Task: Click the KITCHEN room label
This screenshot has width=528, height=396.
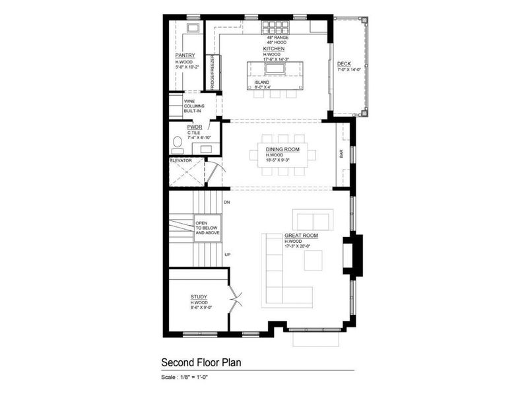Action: pos(274,49)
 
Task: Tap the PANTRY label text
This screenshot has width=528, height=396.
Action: pos(185,55)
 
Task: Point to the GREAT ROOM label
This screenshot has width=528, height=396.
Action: pos(302,235)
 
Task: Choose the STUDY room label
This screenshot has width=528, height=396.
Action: pos(199,297)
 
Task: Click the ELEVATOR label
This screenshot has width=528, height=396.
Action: pos(180,160)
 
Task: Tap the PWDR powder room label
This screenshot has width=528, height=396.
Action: pos(194,126)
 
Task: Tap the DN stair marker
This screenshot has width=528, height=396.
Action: pos(226,201)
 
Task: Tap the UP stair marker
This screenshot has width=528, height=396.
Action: pos(226,254)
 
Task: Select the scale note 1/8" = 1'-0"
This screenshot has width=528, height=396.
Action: pos(189,377)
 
